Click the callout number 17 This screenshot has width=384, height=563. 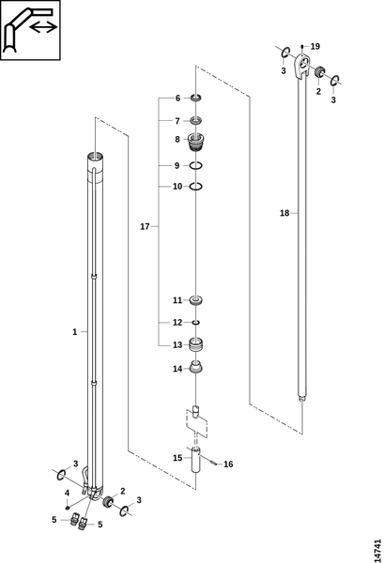tap(145, 226)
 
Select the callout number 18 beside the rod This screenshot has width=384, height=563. tap(284, 213)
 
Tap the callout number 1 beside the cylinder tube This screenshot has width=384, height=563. tap(75, 332)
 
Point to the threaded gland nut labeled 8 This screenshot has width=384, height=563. tap(196, 143)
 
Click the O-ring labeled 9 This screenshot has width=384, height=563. tap(196, 165)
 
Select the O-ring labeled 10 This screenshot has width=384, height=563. tap(196, 187)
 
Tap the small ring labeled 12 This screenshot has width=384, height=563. tap(196, 323)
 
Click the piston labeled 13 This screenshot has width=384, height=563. tap(196, 344)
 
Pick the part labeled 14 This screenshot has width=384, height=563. tap(196, 368)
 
